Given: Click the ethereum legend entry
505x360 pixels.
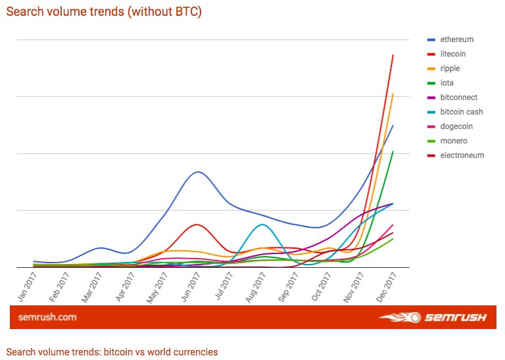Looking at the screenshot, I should (x=456, y=39).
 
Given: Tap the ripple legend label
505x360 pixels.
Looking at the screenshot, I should (x=450, y=68).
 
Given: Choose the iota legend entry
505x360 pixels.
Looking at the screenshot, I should (x=448, y=83).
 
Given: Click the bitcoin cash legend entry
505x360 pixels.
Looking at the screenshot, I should (x=461, y=112).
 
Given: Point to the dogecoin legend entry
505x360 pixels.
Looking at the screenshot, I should (x=456, y=126).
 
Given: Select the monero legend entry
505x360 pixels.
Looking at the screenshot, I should (x=453, y=141).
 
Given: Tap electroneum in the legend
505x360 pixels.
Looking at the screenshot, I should (x=462, y=155).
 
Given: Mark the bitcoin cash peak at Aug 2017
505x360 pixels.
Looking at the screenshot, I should (x=262, y=224).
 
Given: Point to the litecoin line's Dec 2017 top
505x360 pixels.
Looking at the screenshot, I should (x=393, y=55).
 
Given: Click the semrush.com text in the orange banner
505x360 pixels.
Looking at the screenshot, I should (x=47, y=317).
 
